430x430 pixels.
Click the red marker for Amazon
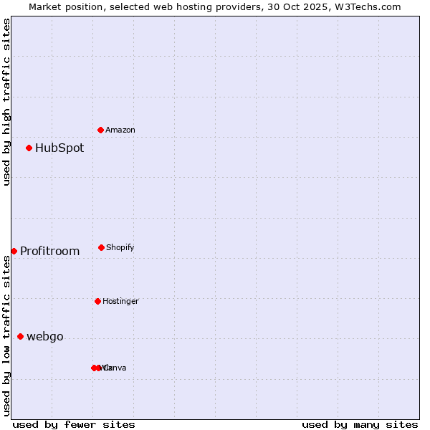pyautogui.click(x=100, y=130)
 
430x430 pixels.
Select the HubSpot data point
pyautogui.click(x=29, y=148)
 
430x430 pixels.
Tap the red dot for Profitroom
pyautogui.click(x=14, y=251)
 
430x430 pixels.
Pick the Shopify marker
pyautogui.click(x=101, y=247)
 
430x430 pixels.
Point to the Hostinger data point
pyautogui.click(x=97, y=301)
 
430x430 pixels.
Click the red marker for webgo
pyautogui.click(x=20, y=336)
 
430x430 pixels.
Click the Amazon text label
pyautogui.click(x=120, y=130)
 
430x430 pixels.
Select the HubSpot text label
pyautogui.click(x=59, y=148)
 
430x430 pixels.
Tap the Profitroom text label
pyautogui.click(x=49, y=252)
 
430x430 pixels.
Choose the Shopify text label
pyautogui.click(x=120, y=247)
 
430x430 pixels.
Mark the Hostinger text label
pyautogui.click(x=120, y=301)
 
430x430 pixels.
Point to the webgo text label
pyautogui.click(x=45, y=337)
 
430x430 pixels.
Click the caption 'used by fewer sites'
pyautogui.click(x=74, y=424)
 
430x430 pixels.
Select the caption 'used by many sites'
pyautogui.click(x=360, y=424)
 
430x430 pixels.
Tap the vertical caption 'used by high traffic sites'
pyautogui.click(x=6, y=102)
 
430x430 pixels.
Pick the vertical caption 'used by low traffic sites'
pyautogui.click(x=6, y=335)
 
